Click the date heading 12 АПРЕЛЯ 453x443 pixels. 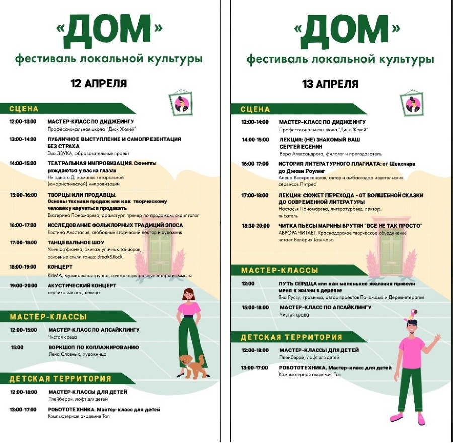tap(99, 83)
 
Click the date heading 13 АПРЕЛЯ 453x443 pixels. tap(330, 84)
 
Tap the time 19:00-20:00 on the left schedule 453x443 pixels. tap(23, 286)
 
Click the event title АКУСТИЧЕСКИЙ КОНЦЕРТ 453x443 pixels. tap(82, 286)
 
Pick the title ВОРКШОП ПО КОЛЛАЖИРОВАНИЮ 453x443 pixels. tap(94, 347)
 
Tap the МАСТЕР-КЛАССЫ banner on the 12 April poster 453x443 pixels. tap(48, 317)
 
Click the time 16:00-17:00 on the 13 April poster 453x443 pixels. tap(255, 164)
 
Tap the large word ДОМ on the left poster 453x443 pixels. tap(109, 31)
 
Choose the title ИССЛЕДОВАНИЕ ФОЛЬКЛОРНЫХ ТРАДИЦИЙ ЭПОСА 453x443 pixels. tap(115, 225)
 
